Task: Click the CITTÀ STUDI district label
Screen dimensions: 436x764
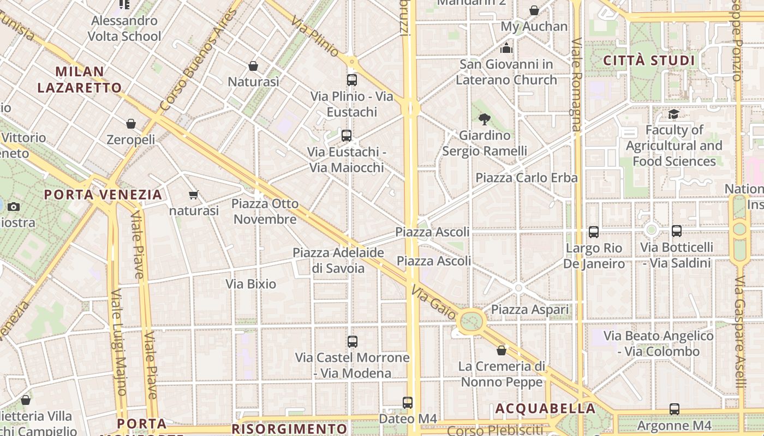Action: [x=649, y=60]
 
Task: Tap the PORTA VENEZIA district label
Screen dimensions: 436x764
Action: [x=103, y=195]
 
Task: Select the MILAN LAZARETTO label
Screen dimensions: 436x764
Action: [x=80, y=80]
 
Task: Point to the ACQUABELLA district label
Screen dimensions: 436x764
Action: [x=545, y=409]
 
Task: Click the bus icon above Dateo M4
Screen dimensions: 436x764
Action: [x=408, y=403]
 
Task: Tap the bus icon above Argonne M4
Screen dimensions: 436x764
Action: [x=675, y=409]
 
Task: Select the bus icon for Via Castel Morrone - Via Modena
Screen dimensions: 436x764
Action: [x=353, y=342]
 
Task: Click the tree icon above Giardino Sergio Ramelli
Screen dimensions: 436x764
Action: [x=485, y=119]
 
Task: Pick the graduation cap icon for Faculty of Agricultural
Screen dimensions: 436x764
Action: [x=674, y=114]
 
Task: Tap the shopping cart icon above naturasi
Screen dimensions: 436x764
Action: [x=193, y=195]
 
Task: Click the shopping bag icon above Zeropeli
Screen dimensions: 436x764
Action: [x=131, y=124]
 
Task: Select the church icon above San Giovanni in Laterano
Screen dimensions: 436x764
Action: [x=506, y=49]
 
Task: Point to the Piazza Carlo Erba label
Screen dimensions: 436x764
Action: [x=527, y=178]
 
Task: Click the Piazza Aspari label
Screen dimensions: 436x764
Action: [x=530, y=310]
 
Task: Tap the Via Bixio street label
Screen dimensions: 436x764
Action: [x=251, y=284]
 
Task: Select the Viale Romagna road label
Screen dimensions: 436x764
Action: [x=576, y=84]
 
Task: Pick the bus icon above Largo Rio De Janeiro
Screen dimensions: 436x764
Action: [x=594, y=232]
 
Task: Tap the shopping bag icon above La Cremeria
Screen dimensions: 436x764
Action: [x=502, y=350]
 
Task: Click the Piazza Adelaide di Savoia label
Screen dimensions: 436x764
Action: [x=338, y=261]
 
